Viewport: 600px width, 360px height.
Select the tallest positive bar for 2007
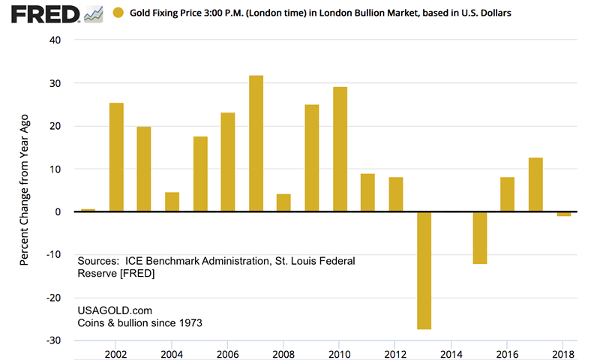256,143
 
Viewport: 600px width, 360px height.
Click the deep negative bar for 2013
424,270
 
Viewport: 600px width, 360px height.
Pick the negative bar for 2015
480,238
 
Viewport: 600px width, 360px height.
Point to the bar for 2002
116,157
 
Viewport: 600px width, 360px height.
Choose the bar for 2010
340,149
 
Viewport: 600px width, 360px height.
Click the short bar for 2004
172,202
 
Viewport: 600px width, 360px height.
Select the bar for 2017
535,184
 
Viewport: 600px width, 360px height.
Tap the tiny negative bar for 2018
564,214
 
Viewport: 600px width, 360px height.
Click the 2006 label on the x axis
228,354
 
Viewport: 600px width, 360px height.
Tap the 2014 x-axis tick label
451,354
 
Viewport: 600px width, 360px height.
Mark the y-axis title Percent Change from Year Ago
24,190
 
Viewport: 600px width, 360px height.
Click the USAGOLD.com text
109,310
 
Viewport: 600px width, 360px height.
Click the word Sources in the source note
97,261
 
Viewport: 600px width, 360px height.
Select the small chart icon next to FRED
94,14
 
